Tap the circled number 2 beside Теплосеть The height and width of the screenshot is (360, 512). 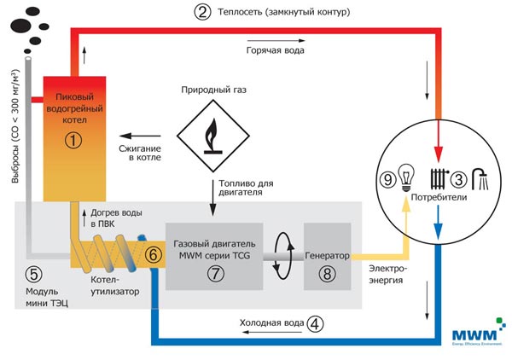coord(203,13)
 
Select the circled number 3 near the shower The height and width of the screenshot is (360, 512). coord(457,180)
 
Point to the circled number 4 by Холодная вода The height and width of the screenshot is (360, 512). coord(317,323)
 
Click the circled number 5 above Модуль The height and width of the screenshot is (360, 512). coord(32,275)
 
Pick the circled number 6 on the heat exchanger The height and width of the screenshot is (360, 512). coord(152,254)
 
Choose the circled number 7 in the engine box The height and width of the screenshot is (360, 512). coord(214,271)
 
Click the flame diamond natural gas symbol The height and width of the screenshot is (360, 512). coord(211,134)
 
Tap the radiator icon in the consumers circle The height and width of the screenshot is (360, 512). coord(438,179)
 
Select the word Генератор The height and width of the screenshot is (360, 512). coord(327,254)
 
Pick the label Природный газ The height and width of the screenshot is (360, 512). coord(211,89)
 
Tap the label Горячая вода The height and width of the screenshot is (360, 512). coord(275,50)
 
